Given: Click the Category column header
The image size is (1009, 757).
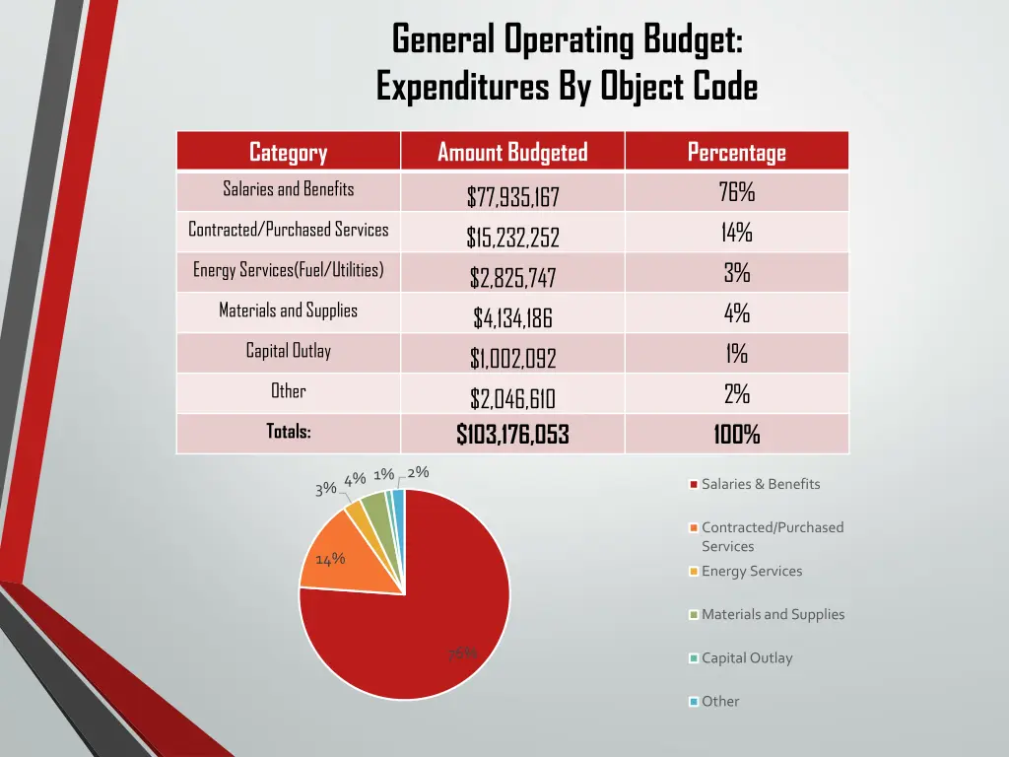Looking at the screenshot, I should point(288,152).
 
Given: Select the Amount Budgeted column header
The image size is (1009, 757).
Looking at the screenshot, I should point(512,152).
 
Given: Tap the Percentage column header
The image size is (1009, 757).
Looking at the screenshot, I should point(736,152).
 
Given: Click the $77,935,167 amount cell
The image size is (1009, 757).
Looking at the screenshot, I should point(512,197).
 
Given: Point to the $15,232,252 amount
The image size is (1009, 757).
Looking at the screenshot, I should point(512,238).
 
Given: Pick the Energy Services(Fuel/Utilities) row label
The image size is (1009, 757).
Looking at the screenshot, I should point(288,269).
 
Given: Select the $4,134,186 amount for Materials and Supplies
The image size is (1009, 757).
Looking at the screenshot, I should point(512,318).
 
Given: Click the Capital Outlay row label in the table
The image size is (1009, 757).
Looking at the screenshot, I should point(288,350).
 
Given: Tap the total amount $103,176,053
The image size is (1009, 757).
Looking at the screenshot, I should point(512,435).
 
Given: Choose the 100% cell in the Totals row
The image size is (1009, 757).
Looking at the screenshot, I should point(736,435).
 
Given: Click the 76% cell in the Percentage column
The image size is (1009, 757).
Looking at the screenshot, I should point(736,192).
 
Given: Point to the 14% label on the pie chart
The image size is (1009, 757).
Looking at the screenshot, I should point(329,560).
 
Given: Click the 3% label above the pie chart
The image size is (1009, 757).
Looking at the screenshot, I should point(325,489).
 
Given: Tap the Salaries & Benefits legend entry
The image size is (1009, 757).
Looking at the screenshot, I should point(760,484).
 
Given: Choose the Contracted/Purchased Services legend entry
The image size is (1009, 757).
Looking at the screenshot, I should point(772,536).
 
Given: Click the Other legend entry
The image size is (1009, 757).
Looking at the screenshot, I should point(719,702).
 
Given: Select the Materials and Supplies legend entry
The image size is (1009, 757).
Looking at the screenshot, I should point(773,614).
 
